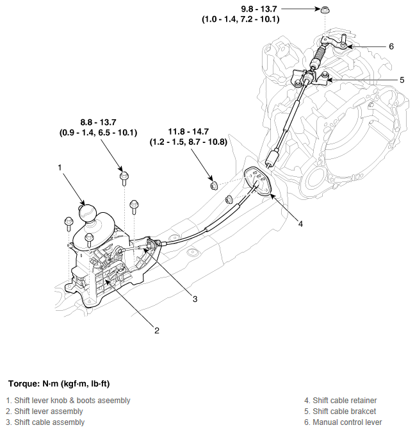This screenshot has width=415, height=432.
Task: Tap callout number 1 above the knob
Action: pos(60,168)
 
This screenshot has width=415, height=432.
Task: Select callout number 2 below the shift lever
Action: pos(156,331)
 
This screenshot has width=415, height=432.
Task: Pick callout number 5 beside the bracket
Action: pos(402,80)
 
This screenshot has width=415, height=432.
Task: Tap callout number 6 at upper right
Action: pos(391,47)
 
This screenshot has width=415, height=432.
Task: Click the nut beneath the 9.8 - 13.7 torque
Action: pos(325,10)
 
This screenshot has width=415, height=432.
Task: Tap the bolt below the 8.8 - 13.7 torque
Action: pos(124,175)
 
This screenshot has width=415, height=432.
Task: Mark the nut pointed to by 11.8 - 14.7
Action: pos(214,185)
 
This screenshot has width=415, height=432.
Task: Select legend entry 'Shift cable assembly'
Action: pos(45,422)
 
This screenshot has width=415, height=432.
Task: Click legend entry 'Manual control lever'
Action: pos(343,422)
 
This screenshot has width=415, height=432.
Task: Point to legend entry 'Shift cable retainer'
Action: pos(341,401)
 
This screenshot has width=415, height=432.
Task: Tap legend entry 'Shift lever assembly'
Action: pos(44,411)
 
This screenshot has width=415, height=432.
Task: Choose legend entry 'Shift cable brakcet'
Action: pos(340,411)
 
